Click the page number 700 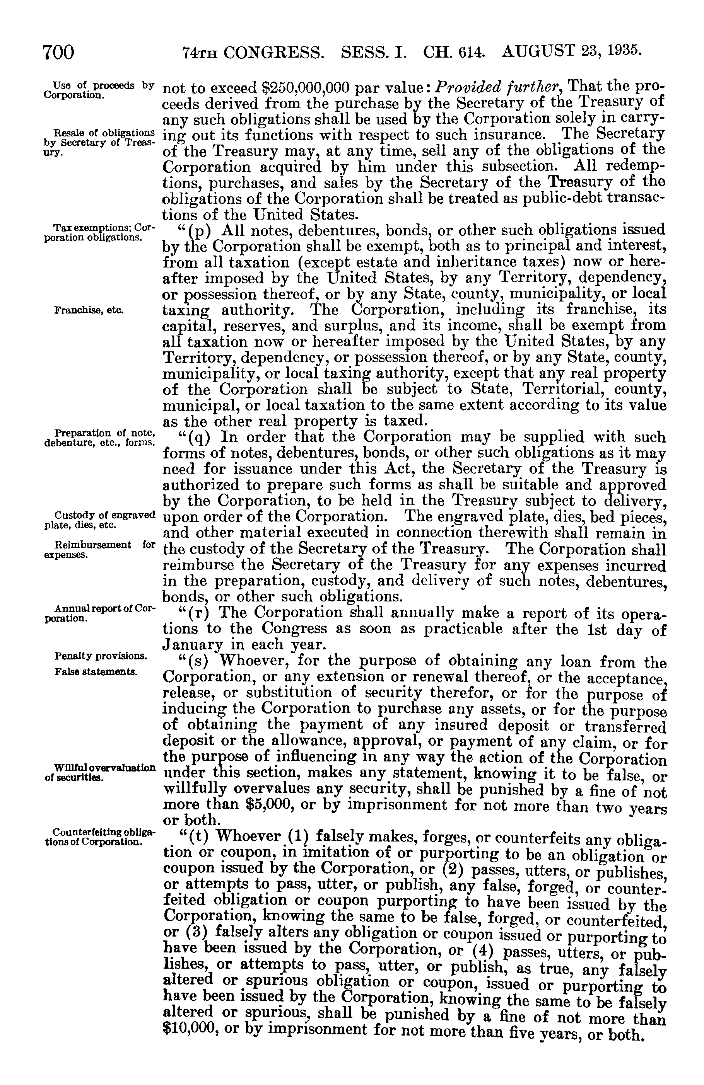[58, 52]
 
